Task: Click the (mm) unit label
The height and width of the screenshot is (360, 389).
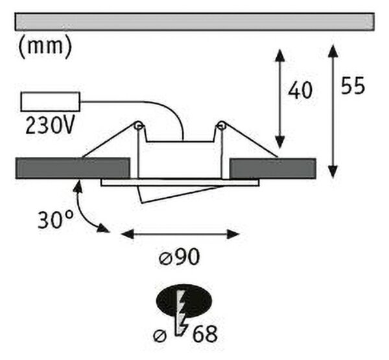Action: (45, 47)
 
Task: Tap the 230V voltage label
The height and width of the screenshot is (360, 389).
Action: (50, 125)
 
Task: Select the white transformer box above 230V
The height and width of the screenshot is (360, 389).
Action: (51, 102)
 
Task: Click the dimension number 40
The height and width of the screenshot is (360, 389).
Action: (300, 90)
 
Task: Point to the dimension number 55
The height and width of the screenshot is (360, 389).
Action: (353, 85)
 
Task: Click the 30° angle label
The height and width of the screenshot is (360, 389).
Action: (56, 219)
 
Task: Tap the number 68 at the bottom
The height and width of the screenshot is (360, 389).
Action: (205, 333)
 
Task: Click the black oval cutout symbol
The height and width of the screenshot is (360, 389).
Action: (184, 301)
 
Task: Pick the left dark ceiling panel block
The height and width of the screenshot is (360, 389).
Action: (73, 168)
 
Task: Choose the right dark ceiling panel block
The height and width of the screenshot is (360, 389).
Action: (273, 168)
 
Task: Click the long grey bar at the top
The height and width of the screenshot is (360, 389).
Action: (194, 21)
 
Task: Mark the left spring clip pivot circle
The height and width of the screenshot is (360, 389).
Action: (139, 126)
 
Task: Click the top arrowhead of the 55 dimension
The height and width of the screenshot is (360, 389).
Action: (333, 51)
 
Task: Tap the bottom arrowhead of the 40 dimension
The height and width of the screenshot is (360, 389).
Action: (279, 142)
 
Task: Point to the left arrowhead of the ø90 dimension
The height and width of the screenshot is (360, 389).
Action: (128, 234)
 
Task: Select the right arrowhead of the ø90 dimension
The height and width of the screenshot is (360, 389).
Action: (233, 234)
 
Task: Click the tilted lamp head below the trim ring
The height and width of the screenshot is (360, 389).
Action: (180, 194)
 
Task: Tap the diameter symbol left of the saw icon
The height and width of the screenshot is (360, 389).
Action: (160, 335)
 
